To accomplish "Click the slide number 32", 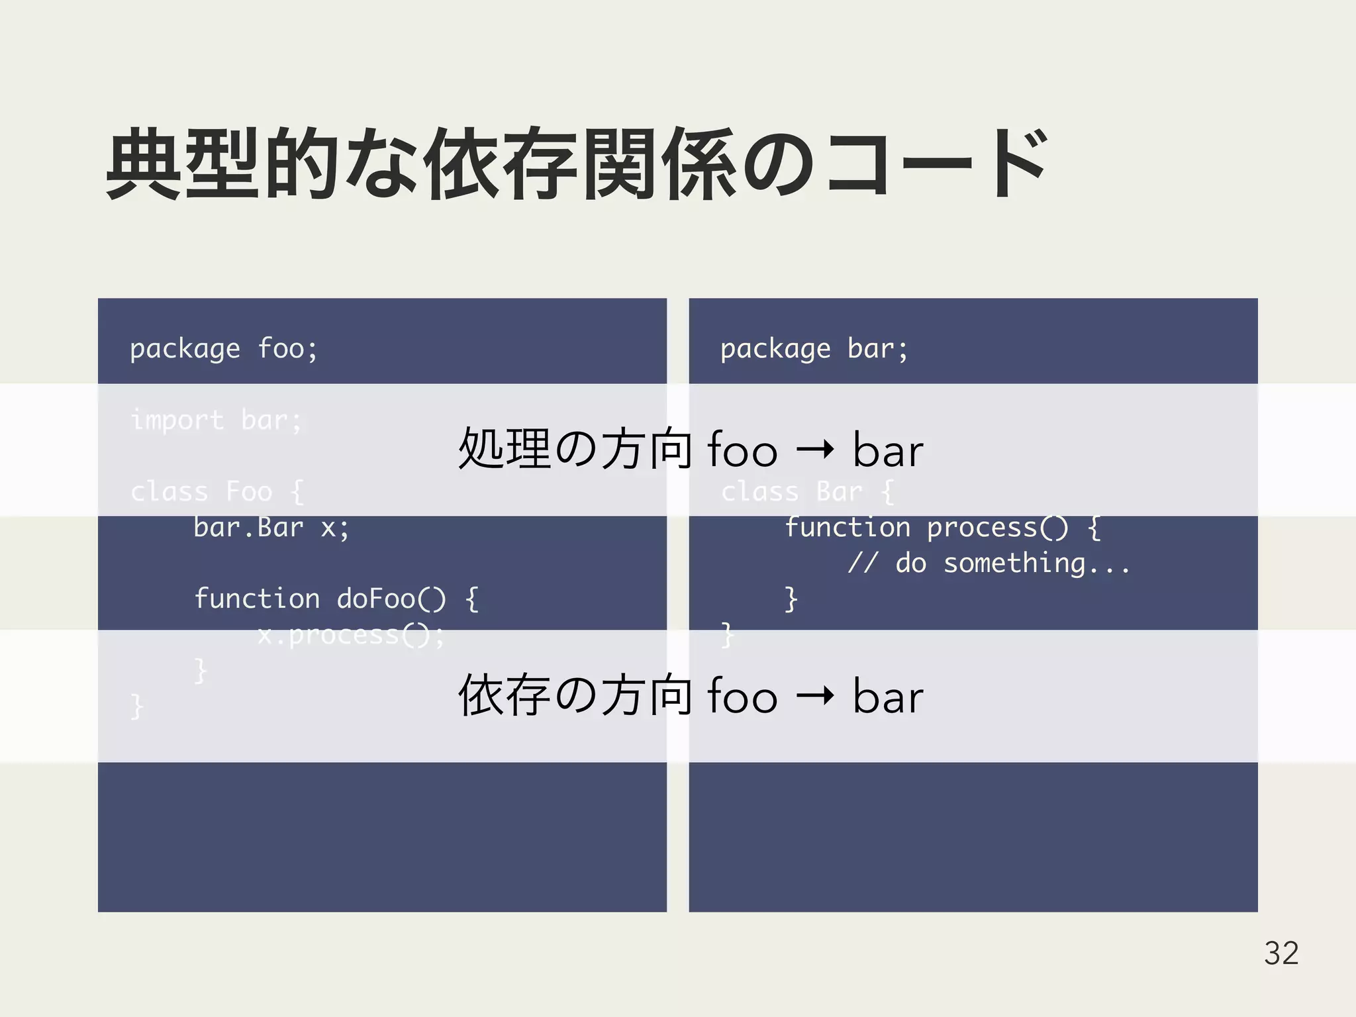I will point(1281,953).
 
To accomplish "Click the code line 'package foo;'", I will point(224,349).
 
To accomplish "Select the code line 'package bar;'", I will point(814,349).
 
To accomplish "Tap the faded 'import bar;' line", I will point(217,420).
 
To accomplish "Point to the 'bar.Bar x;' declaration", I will point(271,528).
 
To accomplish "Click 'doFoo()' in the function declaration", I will point(391,599).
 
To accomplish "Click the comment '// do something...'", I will point(989,563).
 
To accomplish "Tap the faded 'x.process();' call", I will point(351,636).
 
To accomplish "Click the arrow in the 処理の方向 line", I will point(815,450).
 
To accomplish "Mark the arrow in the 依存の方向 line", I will point(815,697).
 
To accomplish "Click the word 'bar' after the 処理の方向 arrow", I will point(888,450).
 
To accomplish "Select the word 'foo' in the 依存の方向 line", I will point(742,697).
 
